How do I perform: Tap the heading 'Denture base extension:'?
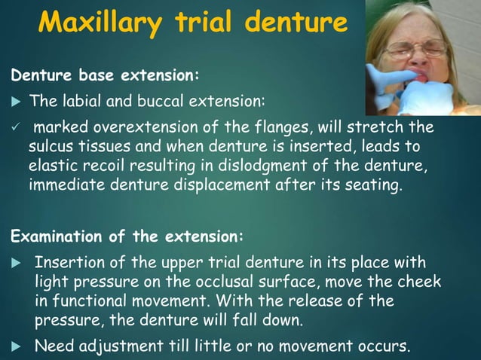click(105, 75)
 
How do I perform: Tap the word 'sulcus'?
click(52, 145)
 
